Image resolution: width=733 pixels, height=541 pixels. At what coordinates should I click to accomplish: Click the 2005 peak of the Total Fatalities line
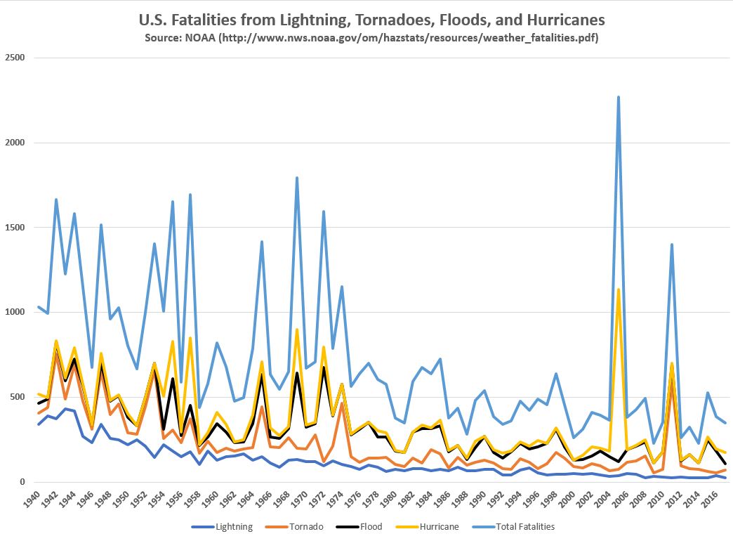[x=619, y=97]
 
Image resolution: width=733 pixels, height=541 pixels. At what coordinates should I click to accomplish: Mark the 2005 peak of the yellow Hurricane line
[x=619, y=289]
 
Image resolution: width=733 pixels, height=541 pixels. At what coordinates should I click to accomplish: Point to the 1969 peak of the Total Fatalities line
[x=297, y=178]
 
